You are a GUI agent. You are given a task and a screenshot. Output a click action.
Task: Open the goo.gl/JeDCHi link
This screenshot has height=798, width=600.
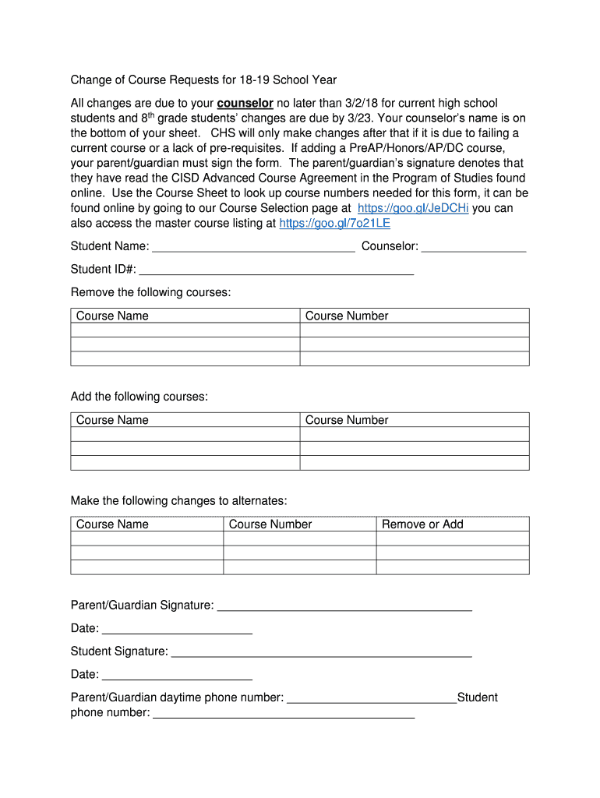tap(412, 208)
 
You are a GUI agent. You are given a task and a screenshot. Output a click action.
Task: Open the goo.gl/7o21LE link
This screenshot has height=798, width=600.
tap(334, 223)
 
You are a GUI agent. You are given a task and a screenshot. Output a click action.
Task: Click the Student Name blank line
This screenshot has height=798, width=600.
tap(253, 248)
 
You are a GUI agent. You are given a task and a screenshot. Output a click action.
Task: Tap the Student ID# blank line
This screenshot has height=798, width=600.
tap(276, 270)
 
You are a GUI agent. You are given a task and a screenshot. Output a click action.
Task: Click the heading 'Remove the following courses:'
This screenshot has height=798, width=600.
tap(150, 292)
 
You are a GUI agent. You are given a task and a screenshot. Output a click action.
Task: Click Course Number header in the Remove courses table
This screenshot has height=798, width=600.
tap(347, 316)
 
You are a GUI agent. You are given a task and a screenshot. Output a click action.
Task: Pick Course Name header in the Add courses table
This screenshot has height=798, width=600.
tap(112, 420)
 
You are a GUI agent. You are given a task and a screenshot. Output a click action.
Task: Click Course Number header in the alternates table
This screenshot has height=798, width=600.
tap(270, 524)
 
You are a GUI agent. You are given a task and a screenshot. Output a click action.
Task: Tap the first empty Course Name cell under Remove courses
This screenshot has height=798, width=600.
tap(185, 330)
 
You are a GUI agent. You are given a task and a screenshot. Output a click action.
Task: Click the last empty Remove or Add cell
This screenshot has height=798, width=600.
tap(453, 567)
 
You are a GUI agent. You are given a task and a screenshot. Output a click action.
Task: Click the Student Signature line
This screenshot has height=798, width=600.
tap(321, 653)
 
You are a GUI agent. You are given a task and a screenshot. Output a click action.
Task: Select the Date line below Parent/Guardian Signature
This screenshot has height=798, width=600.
tap(177, 630)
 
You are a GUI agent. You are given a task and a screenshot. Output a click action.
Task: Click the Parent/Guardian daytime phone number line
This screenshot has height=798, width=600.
tap(372, 699)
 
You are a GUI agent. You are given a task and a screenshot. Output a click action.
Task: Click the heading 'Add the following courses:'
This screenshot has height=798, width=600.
tap(139, 397)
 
